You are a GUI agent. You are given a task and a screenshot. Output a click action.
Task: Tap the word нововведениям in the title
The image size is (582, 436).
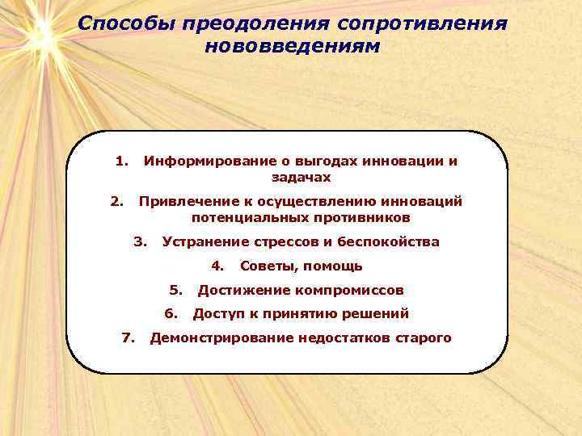click(292, 46)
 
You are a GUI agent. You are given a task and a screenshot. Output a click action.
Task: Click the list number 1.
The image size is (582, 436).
click(120, 161)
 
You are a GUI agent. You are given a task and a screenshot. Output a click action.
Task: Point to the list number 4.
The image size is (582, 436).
click(216, 266)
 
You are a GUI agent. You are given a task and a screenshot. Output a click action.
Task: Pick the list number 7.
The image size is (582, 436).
click(127, 337)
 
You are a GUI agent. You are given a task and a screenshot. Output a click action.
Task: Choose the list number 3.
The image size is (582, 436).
click(140, 241)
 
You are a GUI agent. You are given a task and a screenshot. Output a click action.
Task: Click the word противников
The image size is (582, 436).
click(361, 218)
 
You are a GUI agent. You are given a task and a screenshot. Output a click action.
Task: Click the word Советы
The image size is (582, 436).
click(266, 266)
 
